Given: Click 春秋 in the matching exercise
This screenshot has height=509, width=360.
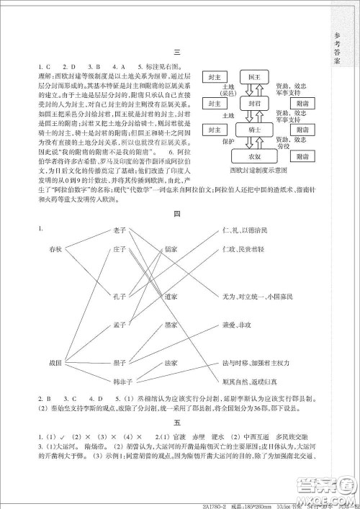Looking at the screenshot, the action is click(x=56, y=249).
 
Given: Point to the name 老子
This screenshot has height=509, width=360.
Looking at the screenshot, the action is click(x=120, y=230).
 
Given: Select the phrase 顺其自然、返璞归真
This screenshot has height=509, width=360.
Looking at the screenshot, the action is click(x=245, y=379).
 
